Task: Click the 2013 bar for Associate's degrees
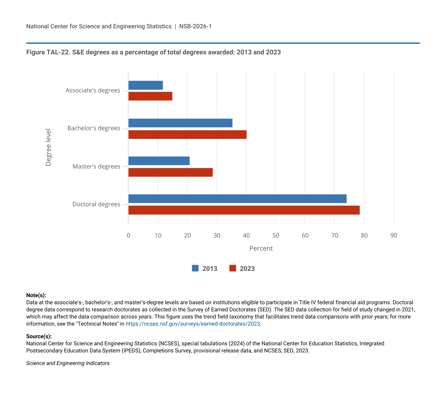(x=146, y=85)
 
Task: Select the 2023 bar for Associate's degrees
(x=150, y=96)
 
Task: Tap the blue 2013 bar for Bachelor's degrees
(x=180, y=123)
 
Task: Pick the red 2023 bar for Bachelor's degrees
(x=187, y=135)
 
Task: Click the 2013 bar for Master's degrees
(x=159, y=161)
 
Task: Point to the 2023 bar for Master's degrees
(x=171, y=172)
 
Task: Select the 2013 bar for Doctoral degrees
(x=238, y=199)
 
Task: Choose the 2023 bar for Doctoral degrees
(x=244, y=210)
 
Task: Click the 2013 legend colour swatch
(x=195, y=268)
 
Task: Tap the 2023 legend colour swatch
(x=233, y=268)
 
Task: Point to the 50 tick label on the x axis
(x=276, y=235)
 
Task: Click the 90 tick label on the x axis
(x=394, y=235)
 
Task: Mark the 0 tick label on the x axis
(x=128, y=235)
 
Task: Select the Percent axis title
(x=261, y=248)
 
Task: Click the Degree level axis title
(x=48, y=147)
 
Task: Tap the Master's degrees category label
(x=96, y=166)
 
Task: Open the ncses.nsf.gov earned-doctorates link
(x=193, y=324)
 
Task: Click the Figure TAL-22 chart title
(x=154, y=52)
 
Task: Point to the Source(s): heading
(x=39, y=336)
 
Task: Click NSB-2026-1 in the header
(x=195, y=26)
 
